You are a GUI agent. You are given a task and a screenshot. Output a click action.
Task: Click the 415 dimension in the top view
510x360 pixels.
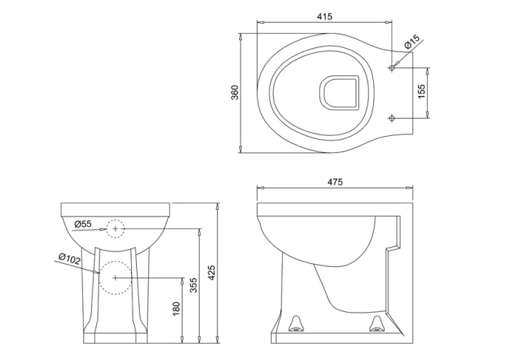tap(324, 16)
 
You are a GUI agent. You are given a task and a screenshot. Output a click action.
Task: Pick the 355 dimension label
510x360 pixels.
tap(192, 283)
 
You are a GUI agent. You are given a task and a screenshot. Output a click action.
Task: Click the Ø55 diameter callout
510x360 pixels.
tap(83, 224)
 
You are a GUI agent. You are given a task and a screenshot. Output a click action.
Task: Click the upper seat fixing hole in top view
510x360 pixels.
tap(390, 68)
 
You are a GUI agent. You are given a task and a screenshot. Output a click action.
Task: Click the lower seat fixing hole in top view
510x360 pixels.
tap(390, 117)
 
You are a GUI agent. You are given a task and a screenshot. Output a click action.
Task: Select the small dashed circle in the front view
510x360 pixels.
tap(115, 228)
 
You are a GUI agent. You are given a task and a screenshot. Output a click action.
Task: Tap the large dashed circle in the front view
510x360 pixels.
tap(115, 277)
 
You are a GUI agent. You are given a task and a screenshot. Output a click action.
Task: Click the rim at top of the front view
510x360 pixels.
tap(115, 210)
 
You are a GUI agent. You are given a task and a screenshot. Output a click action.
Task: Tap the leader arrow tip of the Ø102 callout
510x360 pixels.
tap(99, 273)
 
